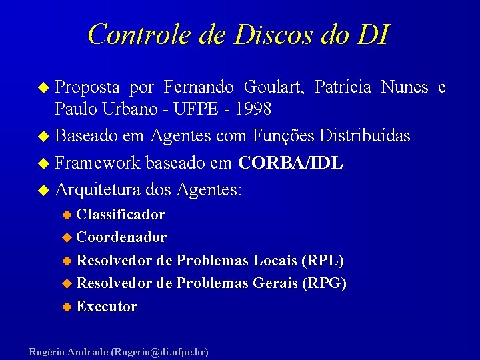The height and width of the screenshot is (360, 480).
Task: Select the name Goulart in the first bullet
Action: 273,87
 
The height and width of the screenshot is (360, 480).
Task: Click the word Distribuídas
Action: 365,136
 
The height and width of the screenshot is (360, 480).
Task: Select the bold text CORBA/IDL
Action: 291,163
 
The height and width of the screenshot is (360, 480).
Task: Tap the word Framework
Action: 98,163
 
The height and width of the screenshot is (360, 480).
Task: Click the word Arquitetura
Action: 98,190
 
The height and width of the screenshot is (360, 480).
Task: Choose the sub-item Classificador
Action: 121,215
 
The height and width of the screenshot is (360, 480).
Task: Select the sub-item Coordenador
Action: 121,237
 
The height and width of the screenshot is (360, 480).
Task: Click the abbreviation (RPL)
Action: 323,261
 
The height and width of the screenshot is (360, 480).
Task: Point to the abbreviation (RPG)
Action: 325,283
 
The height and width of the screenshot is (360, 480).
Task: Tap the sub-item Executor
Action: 107,307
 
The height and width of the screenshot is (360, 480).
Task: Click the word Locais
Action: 275,261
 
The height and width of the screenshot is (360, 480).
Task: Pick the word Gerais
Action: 276,283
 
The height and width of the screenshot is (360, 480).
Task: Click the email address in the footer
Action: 160,351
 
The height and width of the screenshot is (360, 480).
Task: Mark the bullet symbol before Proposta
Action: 44,88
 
